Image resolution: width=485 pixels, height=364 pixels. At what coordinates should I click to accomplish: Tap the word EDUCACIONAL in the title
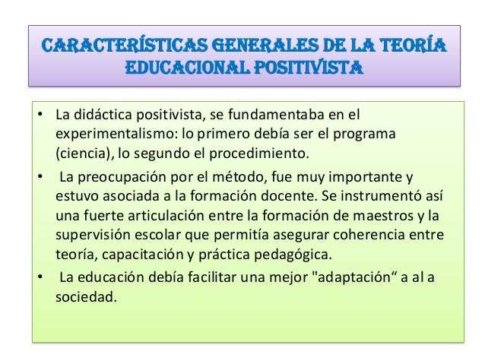click(x=189, y=72)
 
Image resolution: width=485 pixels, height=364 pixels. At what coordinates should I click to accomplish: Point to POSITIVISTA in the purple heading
click(x=307, y=72)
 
